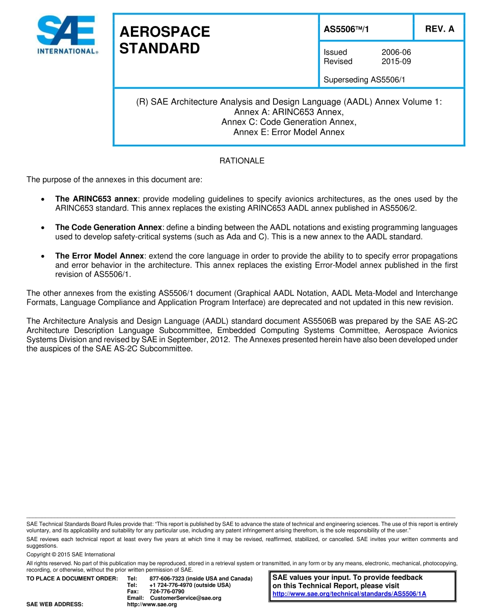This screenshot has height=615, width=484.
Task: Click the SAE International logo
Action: (66, 34)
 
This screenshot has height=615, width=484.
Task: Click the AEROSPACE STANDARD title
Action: (164, 40)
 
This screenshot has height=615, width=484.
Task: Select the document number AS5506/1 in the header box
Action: (346, 30)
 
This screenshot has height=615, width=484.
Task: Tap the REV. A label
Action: (439, 29)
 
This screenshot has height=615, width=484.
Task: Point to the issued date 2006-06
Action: (396, 52)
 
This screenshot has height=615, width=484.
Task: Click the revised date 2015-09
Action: (396, 61)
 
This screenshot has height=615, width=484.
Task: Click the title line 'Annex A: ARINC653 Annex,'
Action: (289, 112)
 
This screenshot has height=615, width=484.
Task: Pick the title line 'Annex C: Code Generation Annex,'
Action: (289, 122)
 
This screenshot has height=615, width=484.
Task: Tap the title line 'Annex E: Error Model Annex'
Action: (289, 132)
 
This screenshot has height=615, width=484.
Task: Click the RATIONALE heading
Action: (241, 161)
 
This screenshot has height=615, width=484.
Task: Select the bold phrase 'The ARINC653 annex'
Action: (96, 199)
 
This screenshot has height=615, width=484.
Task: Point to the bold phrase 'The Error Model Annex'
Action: (99, 256)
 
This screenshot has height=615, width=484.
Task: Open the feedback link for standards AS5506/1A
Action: (349, 594)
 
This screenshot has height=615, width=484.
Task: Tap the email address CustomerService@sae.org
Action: (185, 598)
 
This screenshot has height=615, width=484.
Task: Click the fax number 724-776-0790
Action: (167, 591)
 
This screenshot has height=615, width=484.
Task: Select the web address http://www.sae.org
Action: (152, 604)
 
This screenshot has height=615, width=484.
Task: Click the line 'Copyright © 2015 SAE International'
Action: (71, 554)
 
